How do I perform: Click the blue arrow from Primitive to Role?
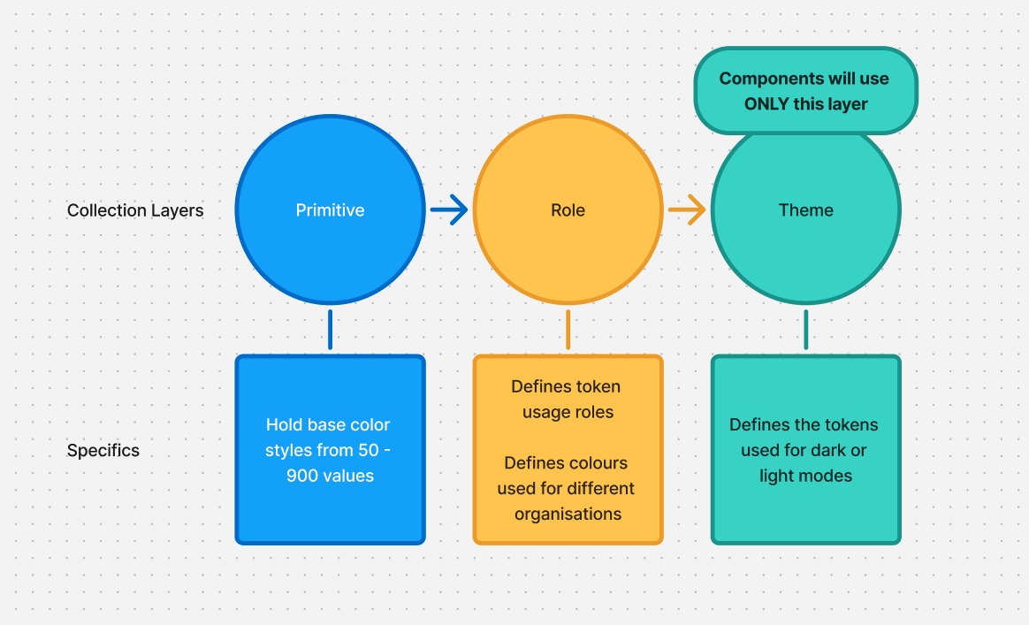tap(449, 210)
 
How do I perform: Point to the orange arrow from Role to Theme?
tap(687, 210)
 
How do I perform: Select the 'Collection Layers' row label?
tap(135, 210)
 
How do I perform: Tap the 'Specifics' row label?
tap(103, 451)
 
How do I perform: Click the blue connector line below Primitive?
tap(330, 330)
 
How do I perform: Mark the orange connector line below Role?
tap(568, 330)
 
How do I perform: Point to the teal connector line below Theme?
tap(805, 330)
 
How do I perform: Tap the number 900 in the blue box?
tap(301, 476)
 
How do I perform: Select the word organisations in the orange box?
tap(568, 514)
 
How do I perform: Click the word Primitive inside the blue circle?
tap(330, 210)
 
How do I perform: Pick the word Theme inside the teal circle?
tap(805, 210)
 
